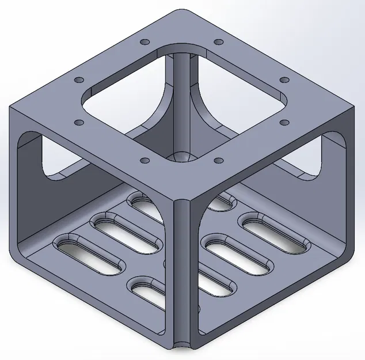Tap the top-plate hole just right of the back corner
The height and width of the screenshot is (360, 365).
click(218, 42)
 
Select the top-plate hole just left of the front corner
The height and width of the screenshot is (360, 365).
click(144, 160)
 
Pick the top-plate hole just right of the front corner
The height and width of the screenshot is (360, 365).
click(218, 160)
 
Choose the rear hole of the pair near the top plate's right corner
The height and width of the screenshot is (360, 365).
click(283, 79)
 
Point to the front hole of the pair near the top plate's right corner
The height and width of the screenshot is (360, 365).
click(283, 122)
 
